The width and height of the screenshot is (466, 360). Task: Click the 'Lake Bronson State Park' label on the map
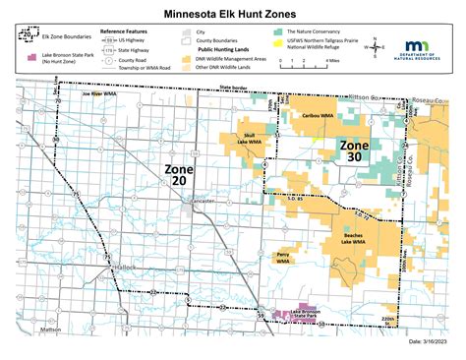coord(306,315)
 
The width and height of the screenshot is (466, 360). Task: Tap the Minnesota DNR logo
coord(419,51)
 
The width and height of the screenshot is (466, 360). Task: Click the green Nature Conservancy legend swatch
coord(279,32)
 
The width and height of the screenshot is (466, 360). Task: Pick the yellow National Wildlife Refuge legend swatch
coord(279,48)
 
